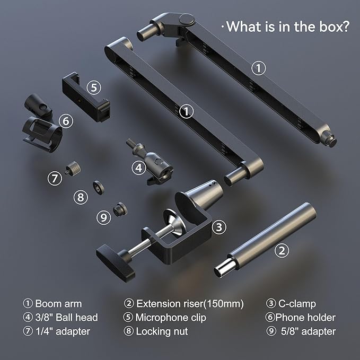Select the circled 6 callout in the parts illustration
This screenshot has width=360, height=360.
click(65, 121)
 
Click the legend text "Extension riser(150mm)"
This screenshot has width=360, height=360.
click(190, 304)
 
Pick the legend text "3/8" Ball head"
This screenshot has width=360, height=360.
click(66, 318)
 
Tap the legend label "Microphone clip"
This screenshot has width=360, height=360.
click(171, 318)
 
